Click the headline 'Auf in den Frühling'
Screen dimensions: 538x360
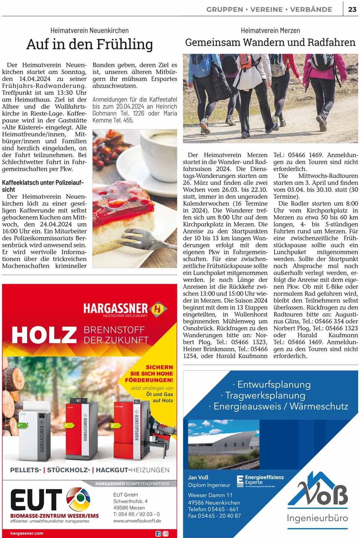coord(89,44)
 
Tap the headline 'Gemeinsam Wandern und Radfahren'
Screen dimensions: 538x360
coord(270,42)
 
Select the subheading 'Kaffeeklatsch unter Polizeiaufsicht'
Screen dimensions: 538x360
coord(43,186)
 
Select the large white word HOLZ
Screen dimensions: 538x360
coord(44,335)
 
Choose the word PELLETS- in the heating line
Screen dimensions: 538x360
coord(26,470)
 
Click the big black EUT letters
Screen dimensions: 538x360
coord(36,499)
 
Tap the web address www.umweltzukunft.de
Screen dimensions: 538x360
coord(137,521)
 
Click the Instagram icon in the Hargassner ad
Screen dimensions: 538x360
coord(166,534)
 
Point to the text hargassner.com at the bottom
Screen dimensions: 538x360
coord(27,533)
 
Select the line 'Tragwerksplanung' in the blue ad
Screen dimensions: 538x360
coord(265,395)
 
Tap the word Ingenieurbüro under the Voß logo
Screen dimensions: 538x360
coord(317,518)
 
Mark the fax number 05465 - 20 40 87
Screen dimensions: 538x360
coord(214,515)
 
